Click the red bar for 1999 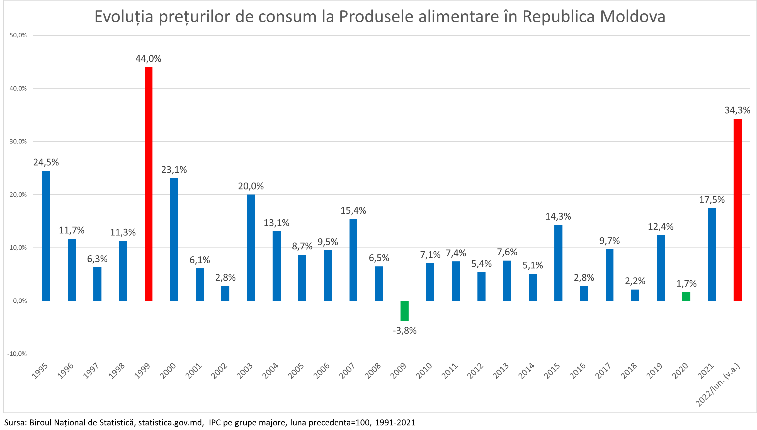148,184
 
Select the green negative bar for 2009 404,311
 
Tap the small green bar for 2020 686,296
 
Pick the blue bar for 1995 46,236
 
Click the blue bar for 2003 251,247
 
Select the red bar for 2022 737,210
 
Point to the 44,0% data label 148,59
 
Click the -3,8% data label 404,331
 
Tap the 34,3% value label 737,110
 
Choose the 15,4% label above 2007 353,211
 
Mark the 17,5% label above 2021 712,200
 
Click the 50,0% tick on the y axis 18,35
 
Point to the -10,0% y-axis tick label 17,354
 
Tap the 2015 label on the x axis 552,371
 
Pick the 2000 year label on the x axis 168,371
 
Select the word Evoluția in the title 124,16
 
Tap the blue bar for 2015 558,263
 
